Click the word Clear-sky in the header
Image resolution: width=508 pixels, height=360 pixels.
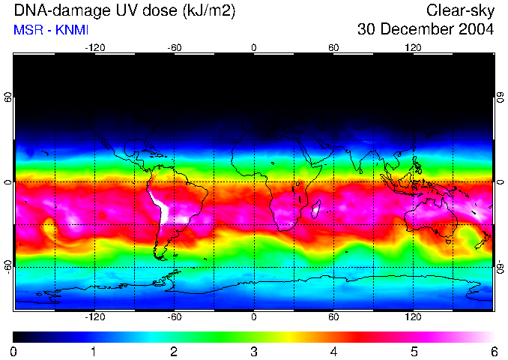click(460, 10)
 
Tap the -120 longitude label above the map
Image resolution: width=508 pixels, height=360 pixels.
click(94, 47)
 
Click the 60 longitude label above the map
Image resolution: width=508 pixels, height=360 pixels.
click(333, 47)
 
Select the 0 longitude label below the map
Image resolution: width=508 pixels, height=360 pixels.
click(254, 317)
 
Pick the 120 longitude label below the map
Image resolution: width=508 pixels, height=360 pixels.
click(413, 317)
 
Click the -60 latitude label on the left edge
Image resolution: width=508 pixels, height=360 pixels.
click(8, 266)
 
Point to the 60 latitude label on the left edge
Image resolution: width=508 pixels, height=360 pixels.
click(8, 97)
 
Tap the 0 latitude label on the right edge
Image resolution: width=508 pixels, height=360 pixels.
click(500, 182)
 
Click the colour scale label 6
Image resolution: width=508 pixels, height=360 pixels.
click(494, 351)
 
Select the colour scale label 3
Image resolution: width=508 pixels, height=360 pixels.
click(254, 351)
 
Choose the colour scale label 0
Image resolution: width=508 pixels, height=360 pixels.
click(14, 351)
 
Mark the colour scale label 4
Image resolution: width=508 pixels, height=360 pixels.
click(334, 351)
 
